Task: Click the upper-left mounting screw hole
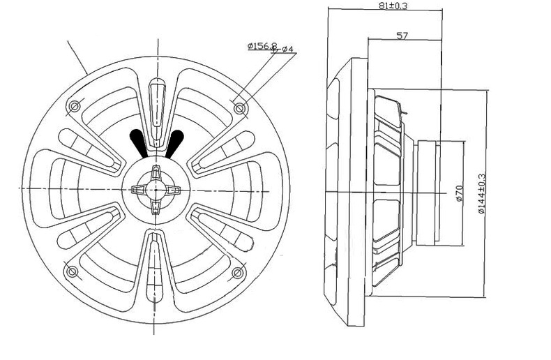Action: coord(75,106)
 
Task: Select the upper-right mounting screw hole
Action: coord(241,109)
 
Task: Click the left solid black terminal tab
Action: coord(140,142)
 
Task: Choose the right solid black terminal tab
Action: coord(173,142)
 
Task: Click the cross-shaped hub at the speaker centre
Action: coord(156,188)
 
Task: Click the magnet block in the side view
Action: coord(439,192)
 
